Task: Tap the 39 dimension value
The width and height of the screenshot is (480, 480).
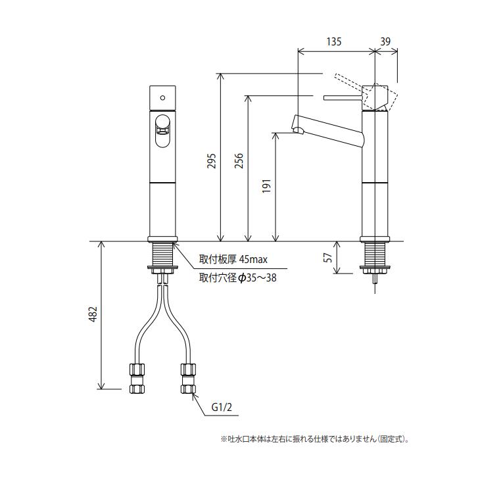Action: [x=386, y=41]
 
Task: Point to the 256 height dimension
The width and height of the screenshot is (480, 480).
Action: [x=239, y=161]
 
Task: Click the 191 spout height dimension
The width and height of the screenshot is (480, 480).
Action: [x=266, y=187]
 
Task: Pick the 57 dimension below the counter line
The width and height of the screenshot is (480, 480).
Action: [x=328, y=257]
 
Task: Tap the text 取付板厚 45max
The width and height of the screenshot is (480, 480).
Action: [x=234, y=260]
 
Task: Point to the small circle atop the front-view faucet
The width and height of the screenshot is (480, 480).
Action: [x=162, y=96]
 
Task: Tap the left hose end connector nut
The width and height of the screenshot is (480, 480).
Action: [x=137, y=379]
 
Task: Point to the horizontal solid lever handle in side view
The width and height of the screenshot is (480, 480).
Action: [x=342, y=98]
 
